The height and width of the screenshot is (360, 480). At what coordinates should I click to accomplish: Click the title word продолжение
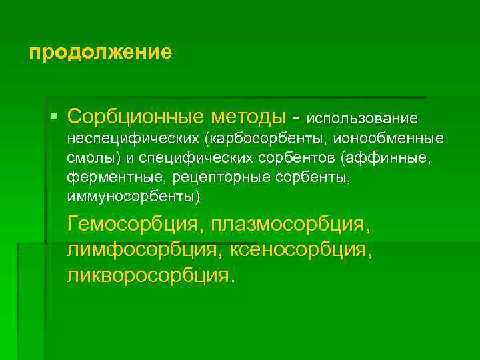100,52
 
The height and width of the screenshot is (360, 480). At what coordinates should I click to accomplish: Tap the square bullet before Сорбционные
53,117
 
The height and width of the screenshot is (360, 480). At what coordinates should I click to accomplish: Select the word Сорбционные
136,117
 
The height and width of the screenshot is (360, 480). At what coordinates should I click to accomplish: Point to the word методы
249,117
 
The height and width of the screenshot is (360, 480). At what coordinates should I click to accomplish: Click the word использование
362,118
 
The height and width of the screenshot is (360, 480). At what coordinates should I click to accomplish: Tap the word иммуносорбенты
133,197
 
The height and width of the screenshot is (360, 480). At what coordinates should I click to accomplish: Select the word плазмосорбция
289,225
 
